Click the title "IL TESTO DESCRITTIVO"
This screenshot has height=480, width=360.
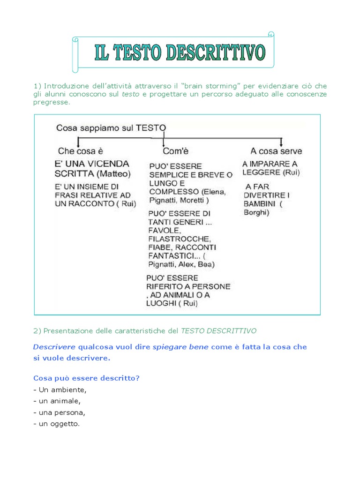[180, 53]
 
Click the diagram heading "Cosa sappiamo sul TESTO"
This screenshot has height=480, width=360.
[111, 127]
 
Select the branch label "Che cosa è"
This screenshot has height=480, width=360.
[80, 151]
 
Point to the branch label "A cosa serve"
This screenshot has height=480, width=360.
[276, 151]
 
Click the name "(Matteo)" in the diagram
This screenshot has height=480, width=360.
[114, 174]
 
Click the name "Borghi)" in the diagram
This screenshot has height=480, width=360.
[257, 212]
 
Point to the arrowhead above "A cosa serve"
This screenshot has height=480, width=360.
[281, 142]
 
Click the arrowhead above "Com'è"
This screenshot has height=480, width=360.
[163, 143]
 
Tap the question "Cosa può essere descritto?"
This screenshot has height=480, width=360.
[86, 377]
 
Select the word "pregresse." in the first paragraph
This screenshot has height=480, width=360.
[52, 102]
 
